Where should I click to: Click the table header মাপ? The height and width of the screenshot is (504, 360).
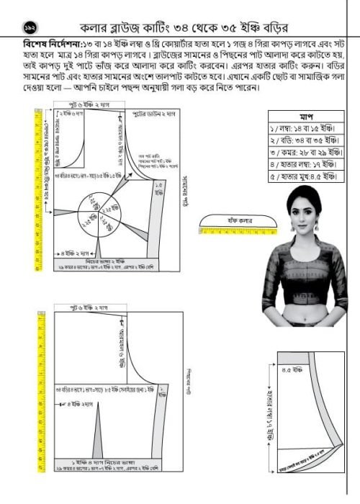pyautogui.click(x=302, y=115)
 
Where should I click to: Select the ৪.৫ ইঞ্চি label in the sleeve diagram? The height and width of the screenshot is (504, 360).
pyautogui.click(x=291, y=370)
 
